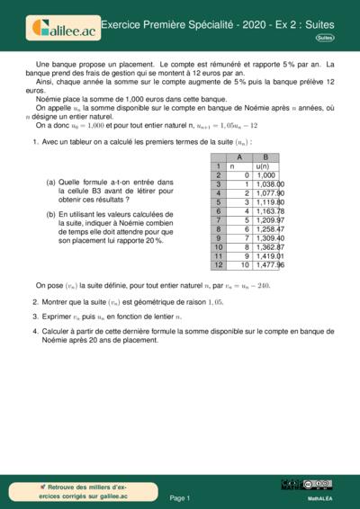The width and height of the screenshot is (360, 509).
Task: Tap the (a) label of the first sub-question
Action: point(50,182)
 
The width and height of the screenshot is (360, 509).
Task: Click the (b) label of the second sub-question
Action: point(50,214)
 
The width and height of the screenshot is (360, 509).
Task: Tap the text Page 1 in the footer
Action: point(179,497)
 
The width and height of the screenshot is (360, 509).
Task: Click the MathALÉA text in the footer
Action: point(321,497)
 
